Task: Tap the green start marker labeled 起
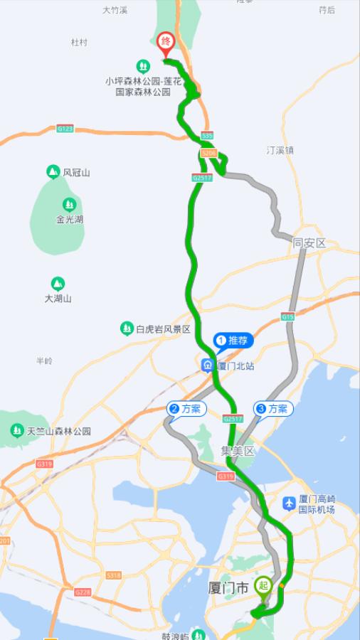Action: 263,586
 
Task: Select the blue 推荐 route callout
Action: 233,341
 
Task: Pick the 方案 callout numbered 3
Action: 274,409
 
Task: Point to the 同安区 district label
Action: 309,243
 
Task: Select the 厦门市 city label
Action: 228,588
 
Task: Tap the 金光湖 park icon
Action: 69,204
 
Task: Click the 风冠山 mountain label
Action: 76,172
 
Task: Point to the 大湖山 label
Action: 58,299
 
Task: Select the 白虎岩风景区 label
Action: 163,329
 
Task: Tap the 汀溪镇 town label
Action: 280,151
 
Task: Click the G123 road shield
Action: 65,129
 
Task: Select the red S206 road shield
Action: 208,153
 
